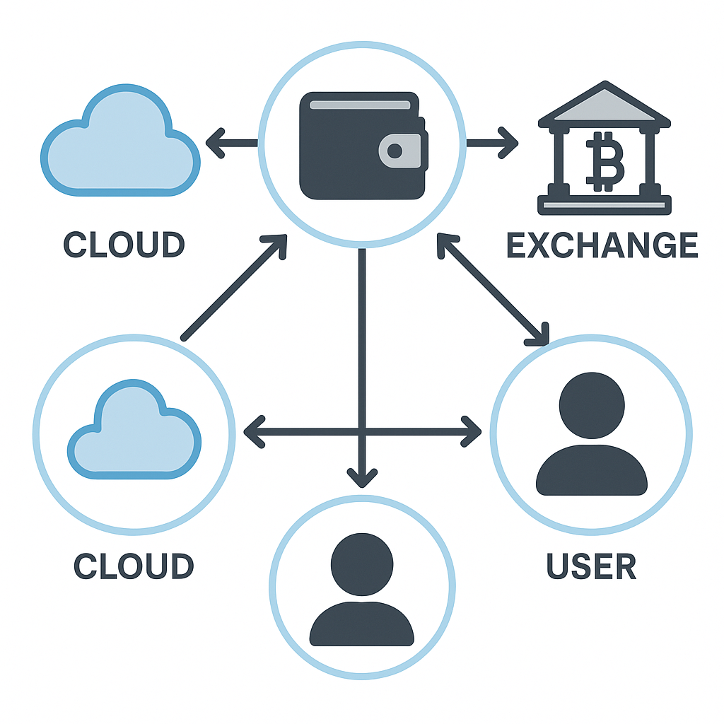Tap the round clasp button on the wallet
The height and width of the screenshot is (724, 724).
tap(395, 151)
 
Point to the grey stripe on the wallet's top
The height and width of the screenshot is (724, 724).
tap(360, 105)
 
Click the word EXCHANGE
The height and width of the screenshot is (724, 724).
tap(602, 245)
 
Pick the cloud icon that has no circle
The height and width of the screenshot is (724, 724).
tap(120, 144)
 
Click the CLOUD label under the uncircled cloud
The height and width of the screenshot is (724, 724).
tap(124, 245)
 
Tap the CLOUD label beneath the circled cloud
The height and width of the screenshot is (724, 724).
tap(134, 566)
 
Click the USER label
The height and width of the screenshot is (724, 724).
tap(591, 566)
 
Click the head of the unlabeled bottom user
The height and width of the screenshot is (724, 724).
tap(362, 564)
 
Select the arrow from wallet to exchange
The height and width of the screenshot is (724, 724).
tap(492, 144)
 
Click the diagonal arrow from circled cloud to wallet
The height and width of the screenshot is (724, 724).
tap(234, 288)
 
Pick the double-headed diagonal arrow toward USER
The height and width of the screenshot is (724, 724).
tap(493, 290)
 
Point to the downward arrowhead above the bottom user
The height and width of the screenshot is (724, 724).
tap(362, 477)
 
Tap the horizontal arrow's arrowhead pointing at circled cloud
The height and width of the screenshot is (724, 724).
tap(255, 431)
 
